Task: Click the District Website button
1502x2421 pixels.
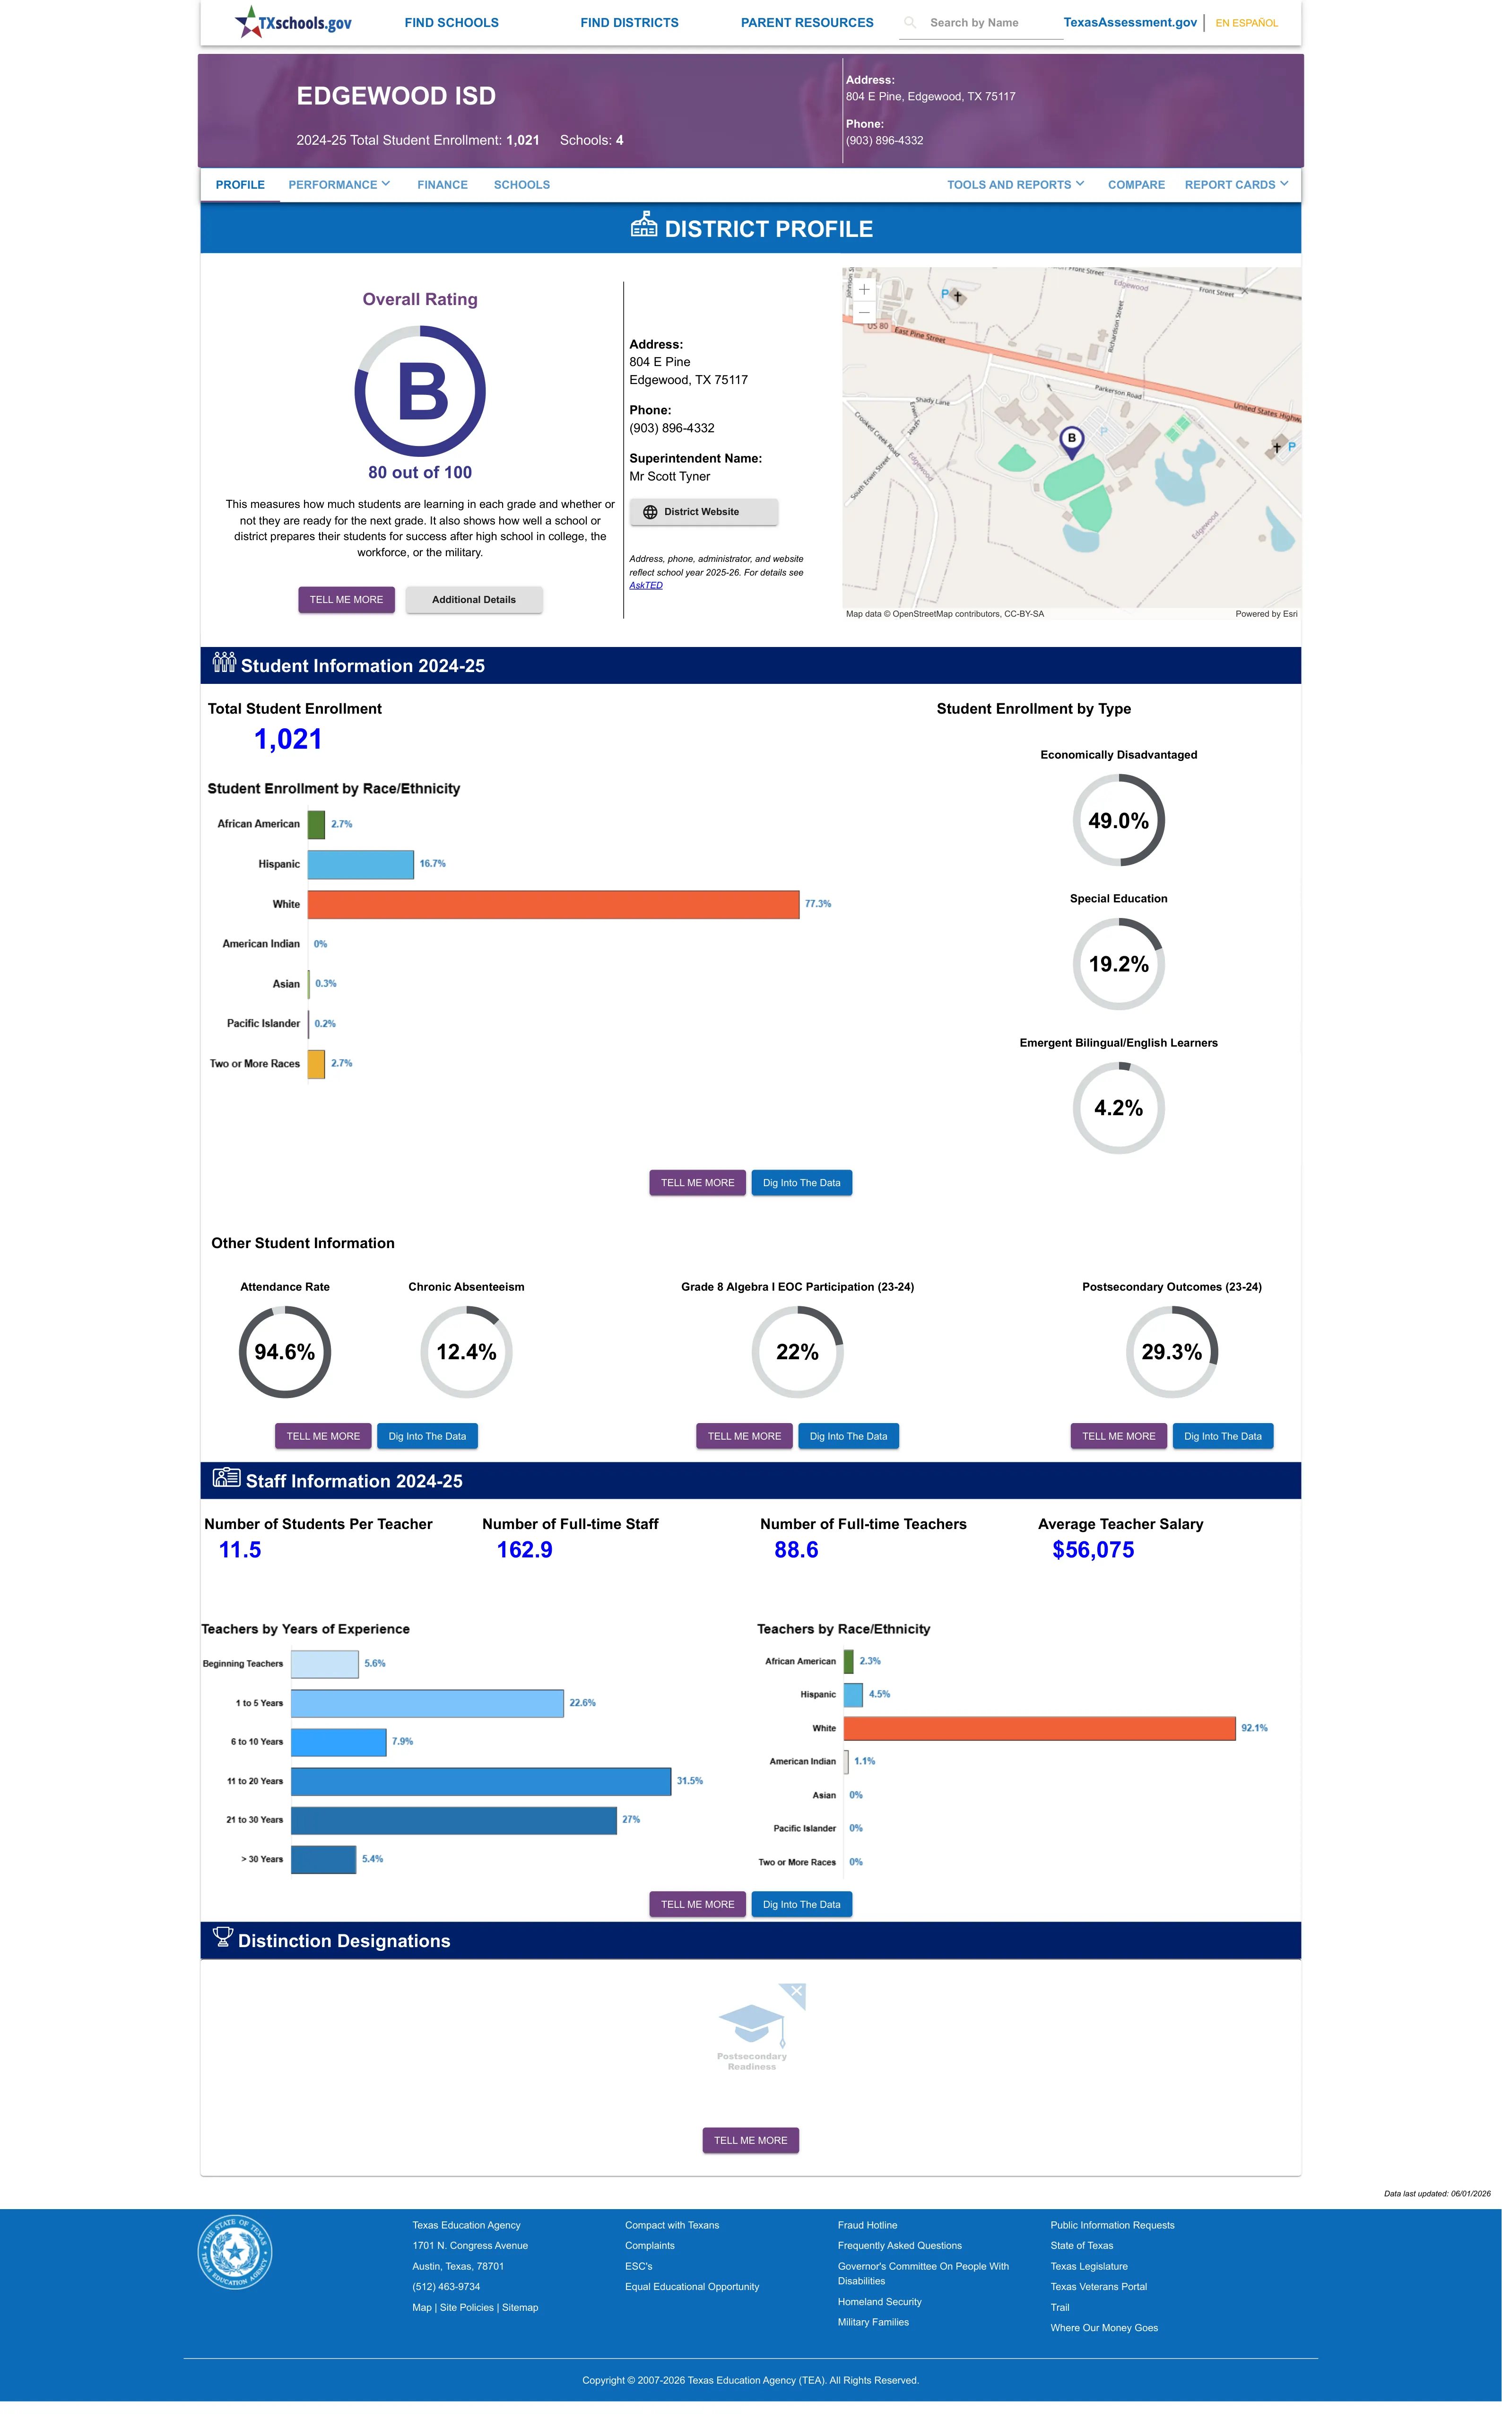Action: pyautogui.click(x=703, y=512)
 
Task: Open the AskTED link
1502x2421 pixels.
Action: pyautogui.click(x=646, y=585)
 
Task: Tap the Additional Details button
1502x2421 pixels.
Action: pyautogui.click(x=474, y=600)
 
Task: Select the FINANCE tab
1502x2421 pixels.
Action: pyautogui.click(x=442, y=185)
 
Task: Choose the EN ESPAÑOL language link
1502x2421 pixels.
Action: pyautogui.click(x=1247, y=23)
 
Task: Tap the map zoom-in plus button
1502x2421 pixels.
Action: pyautogui.click(x=864, y=289)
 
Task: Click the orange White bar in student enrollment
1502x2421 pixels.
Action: pyautogui.click(x=553, y=904)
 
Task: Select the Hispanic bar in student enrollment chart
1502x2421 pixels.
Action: pyautogui.click(x=361, y=864)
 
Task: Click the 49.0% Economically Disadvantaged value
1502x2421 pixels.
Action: pyautogui.click(x=1119, y=821)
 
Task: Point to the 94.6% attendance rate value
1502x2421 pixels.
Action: pyautogui.click(x=284, y=1352)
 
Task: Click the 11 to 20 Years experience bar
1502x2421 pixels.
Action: pyautogui.click(x=481, y=1781)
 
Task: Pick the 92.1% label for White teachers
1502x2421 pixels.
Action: pyautogui.click(x=1254, y=1729)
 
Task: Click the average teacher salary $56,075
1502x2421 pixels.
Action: pyautogui.click(x=1093, y=1550)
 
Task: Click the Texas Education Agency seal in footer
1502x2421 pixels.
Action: pyautogui.click(x=234, y=2252)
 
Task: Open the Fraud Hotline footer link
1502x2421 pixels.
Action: pyautogui.click(x=867, y=2225)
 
